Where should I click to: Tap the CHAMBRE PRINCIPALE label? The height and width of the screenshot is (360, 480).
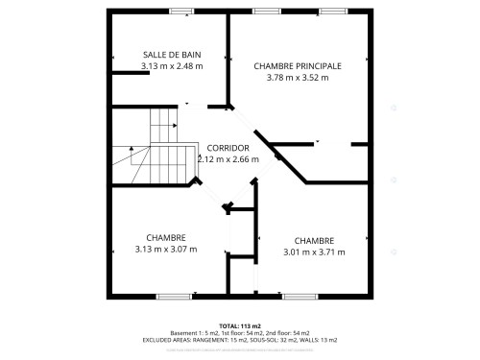click(297, 65)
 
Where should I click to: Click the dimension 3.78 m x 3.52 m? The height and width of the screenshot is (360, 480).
click(297, 77)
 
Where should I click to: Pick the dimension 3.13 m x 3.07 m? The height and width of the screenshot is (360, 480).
click(166, 250)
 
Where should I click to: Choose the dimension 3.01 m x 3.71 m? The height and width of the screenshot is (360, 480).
click(314, 252)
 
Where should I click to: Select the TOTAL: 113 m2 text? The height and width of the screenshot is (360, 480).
click(239, 326)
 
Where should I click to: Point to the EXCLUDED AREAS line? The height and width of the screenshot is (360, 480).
click(239, 340)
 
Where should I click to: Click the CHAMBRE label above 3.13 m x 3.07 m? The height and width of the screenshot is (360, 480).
click(166, 238)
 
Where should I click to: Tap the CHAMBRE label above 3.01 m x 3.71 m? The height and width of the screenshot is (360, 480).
click(314, 241)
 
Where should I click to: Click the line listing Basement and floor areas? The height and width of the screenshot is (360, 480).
click(239, 333)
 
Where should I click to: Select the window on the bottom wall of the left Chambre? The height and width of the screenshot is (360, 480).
click(174, 295)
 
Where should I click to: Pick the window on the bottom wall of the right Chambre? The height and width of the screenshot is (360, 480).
click(296, 295)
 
